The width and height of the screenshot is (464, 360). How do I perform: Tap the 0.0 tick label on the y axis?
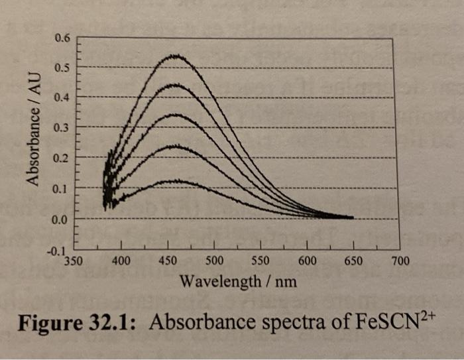(60, 218)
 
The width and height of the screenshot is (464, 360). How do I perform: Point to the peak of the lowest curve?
(176, 180)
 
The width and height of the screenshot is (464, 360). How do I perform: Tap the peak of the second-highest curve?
(174, 85)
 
